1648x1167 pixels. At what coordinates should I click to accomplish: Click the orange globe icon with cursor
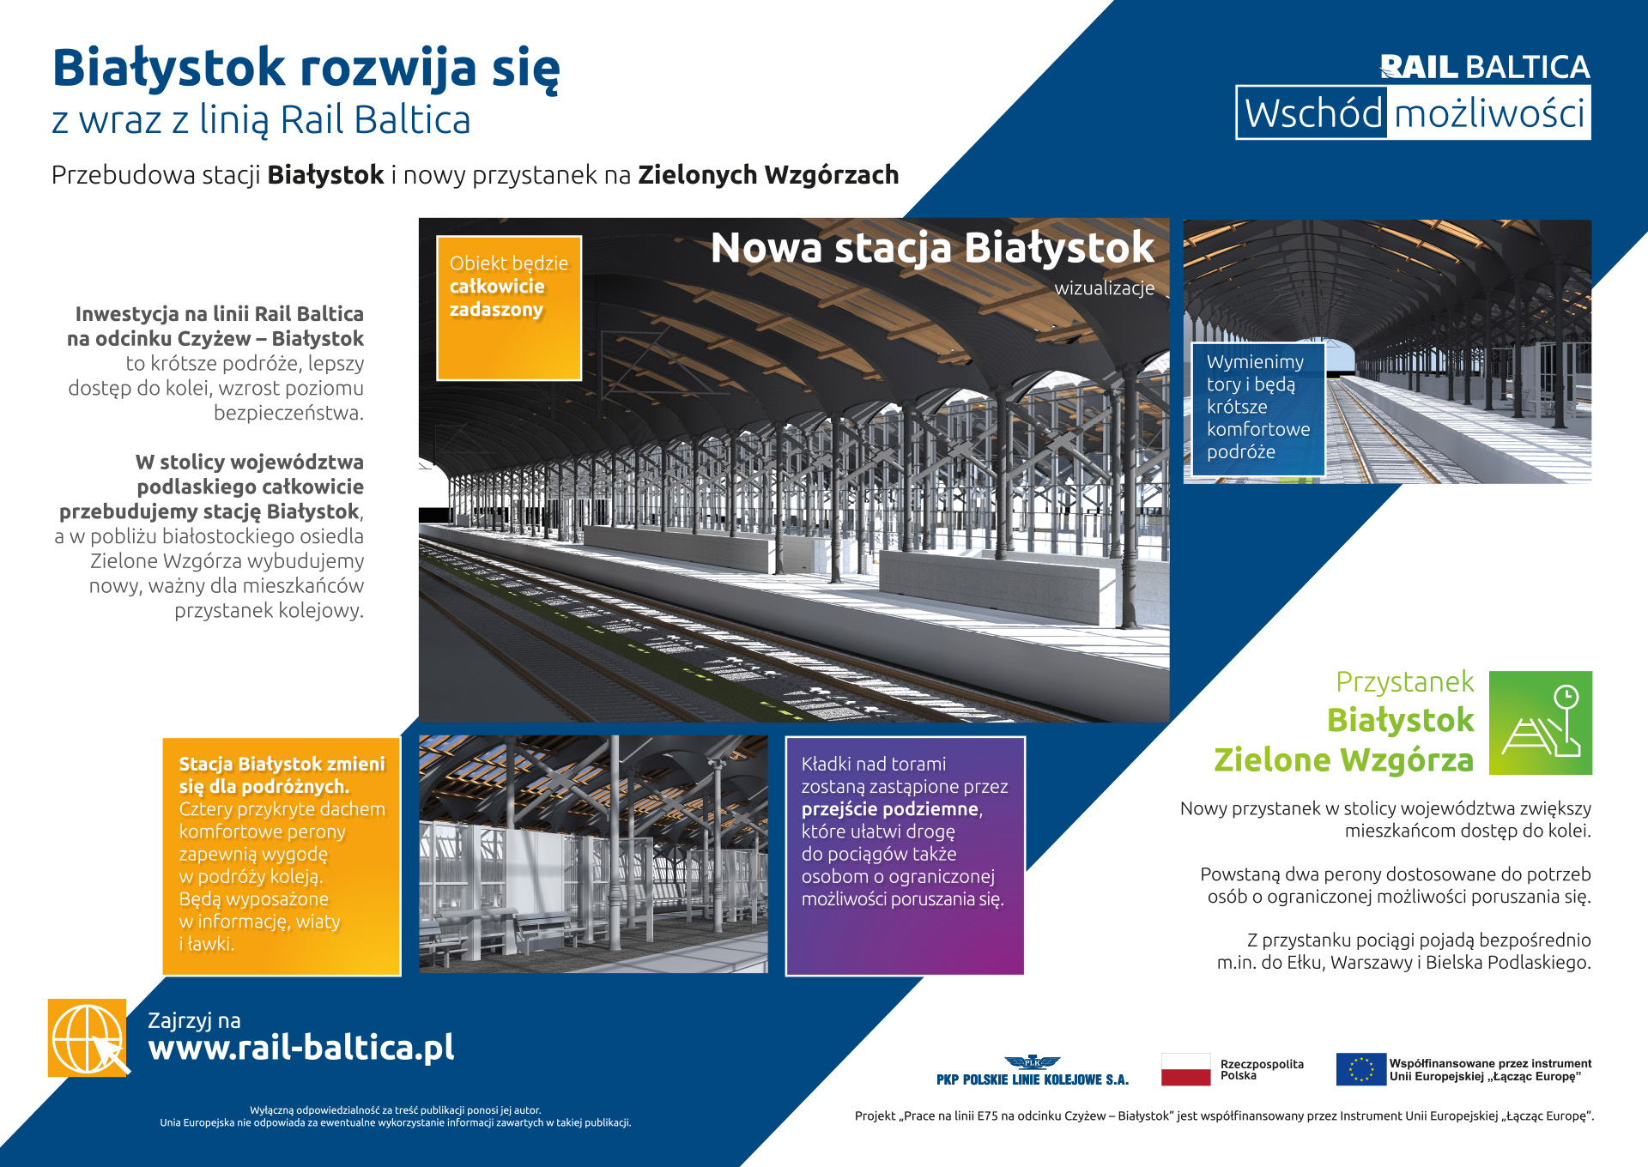pos(88,1037)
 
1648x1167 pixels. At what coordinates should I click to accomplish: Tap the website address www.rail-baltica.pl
pos(300,1048)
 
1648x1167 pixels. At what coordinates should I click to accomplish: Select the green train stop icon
pos(1541,723)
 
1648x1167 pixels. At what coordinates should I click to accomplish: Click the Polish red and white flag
pos(1185,1070)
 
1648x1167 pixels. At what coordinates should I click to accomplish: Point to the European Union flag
pos(1360,1069)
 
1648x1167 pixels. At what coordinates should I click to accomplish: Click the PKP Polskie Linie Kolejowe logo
pos(1032,1072)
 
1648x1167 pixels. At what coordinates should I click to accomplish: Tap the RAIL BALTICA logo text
pos(1484,67)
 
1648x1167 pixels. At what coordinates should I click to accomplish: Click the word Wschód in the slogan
pos(1312,113)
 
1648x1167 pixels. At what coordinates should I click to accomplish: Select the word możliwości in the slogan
pos(1489,113)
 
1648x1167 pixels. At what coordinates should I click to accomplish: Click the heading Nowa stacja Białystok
pos(932,248)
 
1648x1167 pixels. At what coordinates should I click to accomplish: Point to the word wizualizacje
pos(1104,288)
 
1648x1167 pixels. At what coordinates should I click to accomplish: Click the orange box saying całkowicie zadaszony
pos(509,308)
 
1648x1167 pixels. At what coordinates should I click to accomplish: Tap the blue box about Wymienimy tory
pos(1258,408)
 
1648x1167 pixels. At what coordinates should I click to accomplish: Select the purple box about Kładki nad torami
pos(905,856)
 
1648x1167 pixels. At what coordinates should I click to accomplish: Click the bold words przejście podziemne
pos(890,809)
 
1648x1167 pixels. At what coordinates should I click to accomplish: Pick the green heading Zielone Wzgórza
pos(1343,760)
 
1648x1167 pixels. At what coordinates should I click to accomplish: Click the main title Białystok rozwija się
pos(306,69)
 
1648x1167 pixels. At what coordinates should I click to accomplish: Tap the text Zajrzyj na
pos(194,1020)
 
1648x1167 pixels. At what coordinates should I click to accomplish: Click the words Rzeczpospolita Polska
pos(1261,1070)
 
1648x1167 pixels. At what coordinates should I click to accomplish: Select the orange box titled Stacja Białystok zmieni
pos(282,856)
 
